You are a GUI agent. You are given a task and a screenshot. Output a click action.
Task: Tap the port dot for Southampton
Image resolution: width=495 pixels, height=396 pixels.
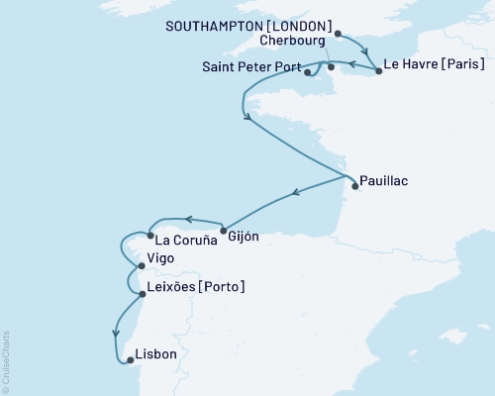pos(339,34)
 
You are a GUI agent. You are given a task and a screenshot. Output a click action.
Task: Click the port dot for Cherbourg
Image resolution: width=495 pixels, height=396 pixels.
pos(331,68)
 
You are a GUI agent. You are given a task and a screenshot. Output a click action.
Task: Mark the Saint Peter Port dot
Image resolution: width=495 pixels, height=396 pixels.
pos(308,71)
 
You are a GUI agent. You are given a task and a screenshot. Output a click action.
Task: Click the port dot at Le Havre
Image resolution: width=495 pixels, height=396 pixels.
pos(378,71)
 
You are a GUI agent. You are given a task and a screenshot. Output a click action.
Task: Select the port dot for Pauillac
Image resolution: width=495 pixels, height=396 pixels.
pos(354,185)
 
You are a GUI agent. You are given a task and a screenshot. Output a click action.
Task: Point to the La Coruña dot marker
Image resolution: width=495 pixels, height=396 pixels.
pos(149,236)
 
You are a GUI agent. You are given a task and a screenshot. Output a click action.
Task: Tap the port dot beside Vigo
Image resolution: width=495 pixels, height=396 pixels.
pos(141,265)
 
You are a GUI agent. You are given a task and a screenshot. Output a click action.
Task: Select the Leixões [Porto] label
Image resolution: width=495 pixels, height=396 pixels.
pos(196,287)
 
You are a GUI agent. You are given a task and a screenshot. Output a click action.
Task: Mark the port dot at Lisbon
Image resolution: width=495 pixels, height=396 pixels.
pos(125,360)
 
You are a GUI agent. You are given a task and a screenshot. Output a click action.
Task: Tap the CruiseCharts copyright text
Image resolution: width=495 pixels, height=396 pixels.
pos(6,357)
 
